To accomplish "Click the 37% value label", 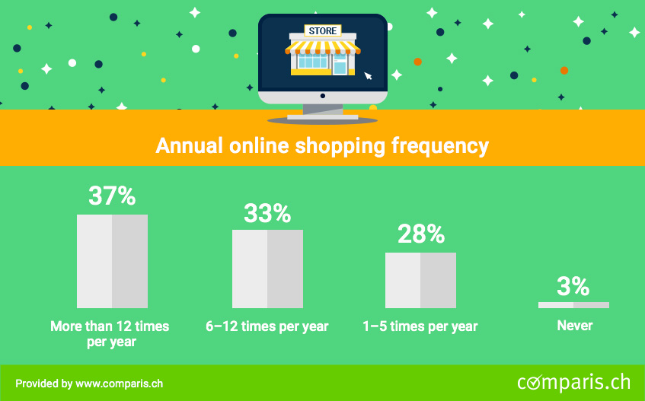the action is click(x=112, y=196).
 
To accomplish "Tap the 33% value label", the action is click(x=267, y=213).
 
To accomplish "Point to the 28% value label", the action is click(x=421, y=234).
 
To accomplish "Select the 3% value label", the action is click(x=573, y=286).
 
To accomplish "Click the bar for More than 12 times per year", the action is click(x=112, y=261).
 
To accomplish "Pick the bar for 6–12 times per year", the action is click(x=268, y=269).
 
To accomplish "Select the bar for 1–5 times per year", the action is click(x=421, y=280).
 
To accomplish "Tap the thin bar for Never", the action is click(x=574, y=305).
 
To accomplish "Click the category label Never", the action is click(x=575, y=326).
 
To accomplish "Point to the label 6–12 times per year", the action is click(x=267, y=326).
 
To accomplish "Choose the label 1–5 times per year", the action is click(x=420, y=326).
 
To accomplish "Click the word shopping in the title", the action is click(x=340, y=146).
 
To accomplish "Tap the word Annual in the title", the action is click(x=189, y=145).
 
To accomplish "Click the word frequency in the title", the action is click(x=439, y=146).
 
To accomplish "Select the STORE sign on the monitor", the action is click(x=323, y=30).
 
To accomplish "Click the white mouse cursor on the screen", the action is click(x=368, y=76).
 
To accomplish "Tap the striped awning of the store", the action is click(x=323, y=47).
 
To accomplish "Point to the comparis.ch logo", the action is click(x=574, y=382).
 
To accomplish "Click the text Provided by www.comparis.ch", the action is click(x=89, y=383).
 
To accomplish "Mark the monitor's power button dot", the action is click(x=323, y=96).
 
